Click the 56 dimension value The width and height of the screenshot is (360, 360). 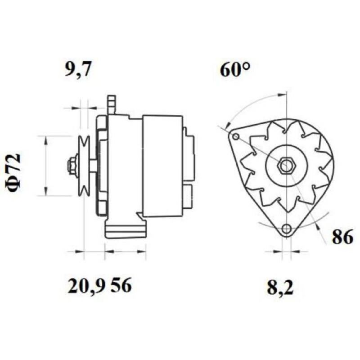(121, 285)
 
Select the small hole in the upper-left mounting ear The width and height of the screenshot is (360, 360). (235, 137)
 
